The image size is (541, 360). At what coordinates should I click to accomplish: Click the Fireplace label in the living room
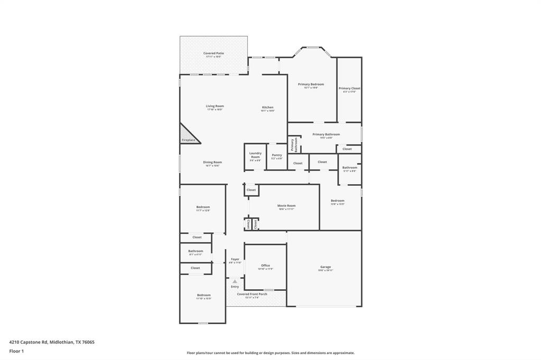[189, 140]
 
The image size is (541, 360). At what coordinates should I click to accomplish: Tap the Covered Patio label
[213, 53]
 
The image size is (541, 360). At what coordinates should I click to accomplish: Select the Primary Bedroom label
[311, 84]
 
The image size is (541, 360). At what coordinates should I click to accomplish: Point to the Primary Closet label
[349, 89]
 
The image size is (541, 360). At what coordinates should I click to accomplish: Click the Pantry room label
[277, 155]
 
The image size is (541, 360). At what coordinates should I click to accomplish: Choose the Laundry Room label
[255, 155]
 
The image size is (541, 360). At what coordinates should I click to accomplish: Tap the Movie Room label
[286, 206]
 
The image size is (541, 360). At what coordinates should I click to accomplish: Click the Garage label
[325, 267]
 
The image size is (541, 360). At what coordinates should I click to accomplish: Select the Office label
[265, 266]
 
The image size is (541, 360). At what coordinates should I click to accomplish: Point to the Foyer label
[235, 259]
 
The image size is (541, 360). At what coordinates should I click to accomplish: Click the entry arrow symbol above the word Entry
[235, 281]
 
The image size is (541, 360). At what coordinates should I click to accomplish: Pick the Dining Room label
[212, 162]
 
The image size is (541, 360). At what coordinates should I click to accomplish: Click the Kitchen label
[268, 107]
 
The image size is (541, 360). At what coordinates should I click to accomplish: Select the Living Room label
[214, 106]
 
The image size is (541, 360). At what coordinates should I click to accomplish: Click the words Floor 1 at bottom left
[16, 351]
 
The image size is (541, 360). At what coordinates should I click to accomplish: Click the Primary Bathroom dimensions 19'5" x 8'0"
[326, 138]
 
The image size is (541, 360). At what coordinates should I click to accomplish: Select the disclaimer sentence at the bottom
[270, 353]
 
